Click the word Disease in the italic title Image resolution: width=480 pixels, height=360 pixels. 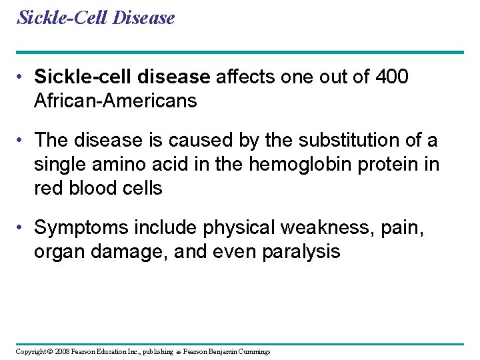tap(144, 17)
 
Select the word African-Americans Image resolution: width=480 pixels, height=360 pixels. tap(115, 101)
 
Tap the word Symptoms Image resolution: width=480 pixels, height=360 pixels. tap(81, 228)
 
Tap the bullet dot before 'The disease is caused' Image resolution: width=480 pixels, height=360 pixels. tap(23, 141)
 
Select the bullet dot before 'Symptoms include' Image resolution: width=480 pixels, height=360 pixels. tap(23, 228)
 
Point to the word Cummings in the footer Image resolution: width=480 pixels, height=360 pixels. tap(254, 351)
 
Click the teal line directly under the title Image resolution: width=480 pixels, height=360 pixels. tap(240, 52)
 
